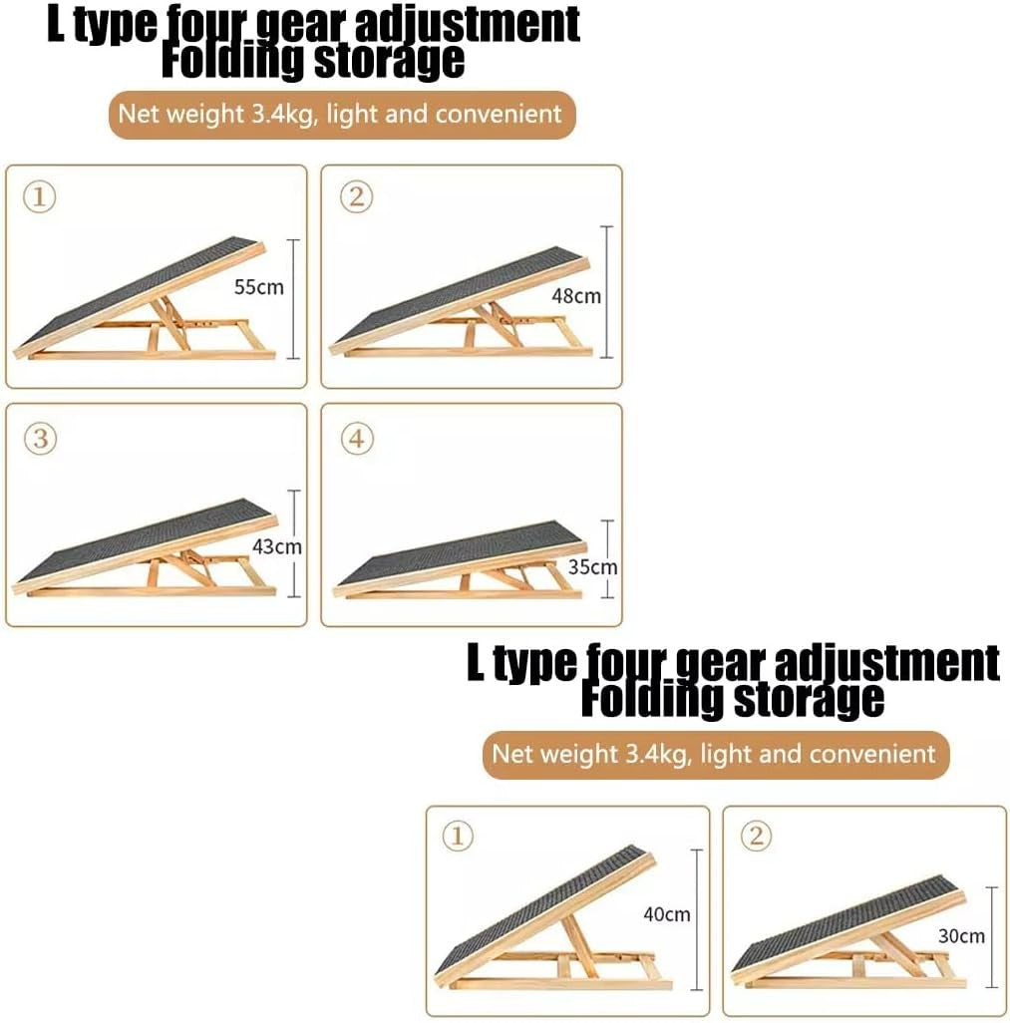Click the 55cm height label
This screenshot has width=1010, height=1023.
258,288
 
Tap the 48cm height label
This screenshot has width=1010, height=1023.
576,296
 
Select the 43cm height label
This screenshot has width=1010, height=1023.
275,546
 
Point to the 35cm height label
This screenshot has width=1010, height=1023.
592,567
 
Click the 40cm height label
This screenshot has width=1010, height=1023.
666,914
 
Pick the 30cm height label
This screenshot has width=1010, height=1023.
960,935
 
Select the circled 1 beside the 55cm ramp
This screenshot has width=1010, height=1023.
39,197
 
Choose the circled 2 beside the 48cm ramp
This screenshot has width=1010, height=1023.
356,197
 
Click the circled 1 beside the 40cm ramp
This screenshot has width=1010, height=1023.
459,837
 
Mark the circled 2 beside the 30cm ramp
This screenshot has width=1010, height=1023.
757,837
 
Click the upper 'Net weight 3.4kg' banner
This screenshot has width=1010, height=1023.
341,114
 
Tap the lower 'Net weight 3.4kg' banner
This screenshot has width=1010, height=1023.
714,753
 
